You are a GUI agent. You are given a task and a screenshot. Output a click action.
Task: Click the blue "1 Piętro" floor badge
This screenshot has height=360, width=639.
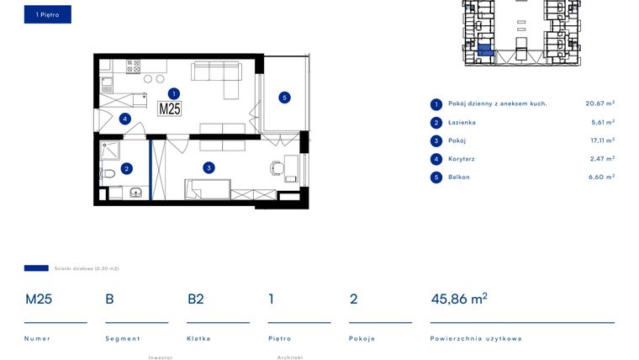click(x=48, y=14)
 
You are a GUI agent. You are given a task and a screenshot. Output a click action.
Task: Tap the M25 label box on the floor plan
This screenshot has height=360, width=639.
click(x=170, y=109)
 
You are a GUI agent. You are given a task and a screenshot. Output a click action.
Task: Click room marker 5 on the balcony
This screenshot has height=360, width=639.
click(x=284, y=98)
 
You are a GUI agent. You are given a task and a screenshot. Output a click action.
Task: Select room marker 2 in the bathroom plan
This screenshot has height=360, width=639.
click(x=126, y=168)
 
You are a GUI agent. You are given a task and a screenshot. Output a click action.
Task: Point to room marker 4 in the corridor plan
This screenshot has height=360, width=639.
click(x=124, y=119)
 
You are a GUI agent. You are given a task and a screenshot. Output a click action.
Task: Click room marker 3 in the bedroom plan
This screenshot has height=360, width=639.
click(x=209, y=167)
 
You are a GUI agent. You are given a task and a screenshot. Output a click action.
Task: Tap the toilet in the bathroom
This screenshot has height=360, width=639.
click(x=107, y=173)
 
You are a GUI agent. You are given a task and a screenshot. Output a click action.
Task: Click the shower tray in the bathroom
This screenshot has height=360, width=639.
click(x=109, y=151)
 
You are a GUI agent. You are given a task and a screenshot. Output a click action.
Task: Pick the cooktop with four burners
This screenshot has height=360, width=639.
click(x=133, y=66)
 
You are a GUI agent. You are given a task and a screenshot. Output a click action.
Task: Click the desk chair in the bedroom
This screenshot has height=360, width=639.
click(x=277, y=168)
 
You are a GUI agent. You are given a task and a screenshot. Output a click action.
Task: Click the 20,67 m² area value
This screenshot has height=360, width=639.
click(x=599, y=103)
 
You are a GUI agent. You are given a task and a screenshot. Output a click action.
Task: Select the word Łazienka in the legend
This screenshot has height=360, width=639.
click(x=462, y=122)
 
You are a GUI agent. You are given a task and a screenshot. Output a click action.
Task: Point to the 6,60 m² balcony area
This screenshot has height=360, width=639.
click(x=601, y=177)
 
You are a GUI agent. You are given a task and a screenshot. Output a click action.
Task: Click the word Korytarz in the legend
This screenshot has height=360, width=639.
click(x=462, y=159)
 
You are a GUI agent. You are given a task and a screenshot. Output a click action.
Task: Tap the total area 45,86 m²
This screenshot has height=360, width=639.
click(x=459, y=299)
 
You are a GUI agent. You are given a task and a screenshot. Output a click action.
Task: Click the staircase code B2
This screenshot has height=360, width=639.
click(x=196, y=299)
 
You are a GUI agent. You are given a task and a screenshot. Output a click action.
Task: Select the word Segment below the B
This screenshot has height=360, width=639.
click(x=122, y=338)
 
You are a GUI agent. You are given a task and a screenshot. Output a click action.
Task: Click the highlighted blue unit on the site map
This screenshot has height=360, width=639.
click(x=485, y=50)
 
